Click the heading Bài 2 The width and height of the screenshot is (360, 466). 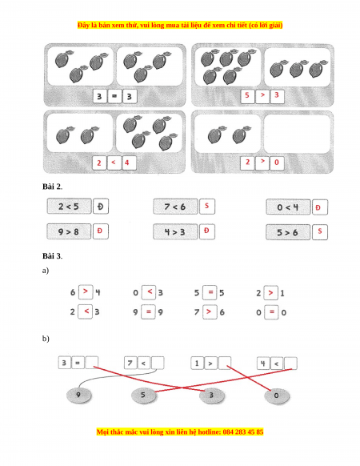(52, 187)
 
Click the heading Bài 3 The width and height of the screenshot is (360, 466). (52, 256)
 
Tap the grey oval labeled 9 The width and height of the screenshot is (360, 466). (78, 396)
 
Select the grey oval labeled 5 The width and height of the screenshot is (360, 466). (143, 396)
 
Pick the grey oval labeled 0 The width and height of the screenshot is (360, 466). (276, 396)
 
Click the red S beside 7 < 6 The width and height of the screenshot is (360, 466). (206, 206)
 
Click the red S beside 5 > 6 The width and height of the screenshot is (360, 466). (320, 231)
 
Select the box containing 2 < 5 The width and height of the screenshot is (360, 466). (70, 206)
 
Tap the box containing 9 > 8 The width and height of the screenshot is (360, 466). (69, 231)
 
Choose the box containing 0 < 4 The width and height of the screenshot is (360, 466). (288, 207)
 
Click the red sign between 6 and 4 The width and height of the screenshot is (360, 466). (86, 291)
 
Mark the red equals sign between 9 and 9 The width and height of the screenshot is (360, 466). (149, 311)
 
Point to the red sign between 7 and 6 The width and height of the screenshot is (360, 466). (209, 311)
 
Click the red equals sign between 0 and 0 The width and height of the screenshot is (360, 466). (271, 312)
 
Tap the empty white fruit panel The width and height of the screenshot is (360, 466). (297, 134)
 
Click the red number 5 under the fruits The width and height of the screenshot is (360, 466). (247, 95)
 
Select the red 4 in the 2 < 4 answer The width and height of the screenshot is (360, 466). (127, 163)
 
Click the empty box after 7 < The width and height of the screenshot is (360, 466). (158, 363)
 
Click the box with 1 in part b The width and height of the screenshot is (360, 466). (197, 363)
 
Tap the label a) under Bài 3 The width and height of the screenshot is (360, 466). (46, 271)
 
